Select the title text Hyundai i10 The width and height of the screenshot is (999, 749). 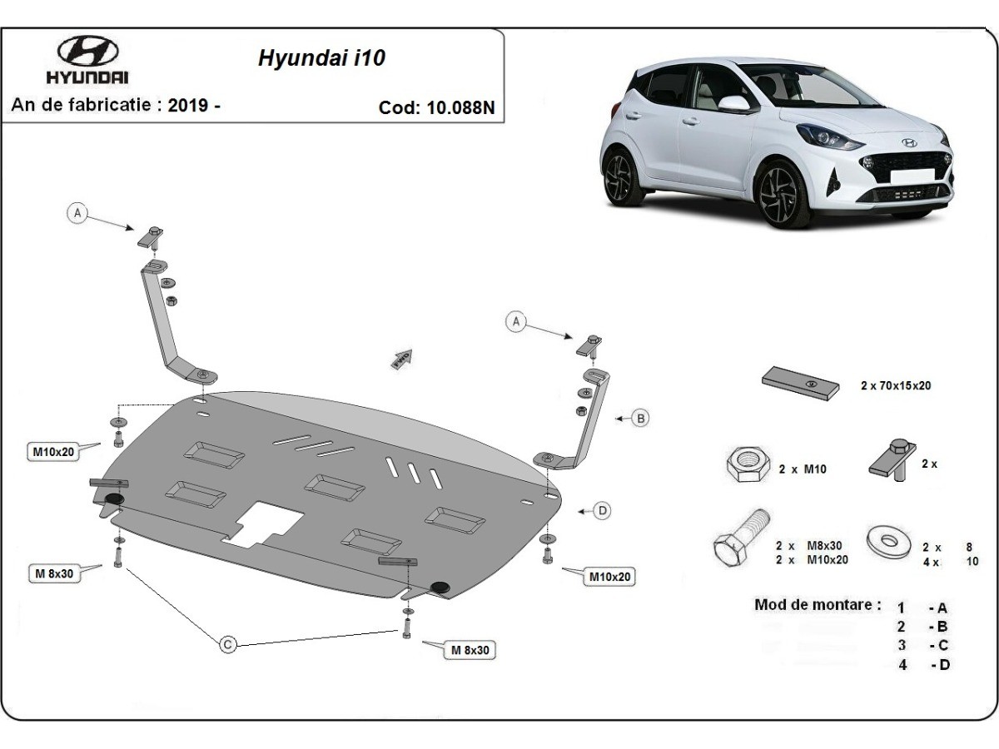[321, 59]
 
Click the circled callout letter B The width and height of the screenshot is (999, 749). [640, 418]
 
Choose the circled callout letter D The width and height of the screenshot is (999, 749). [602, 511]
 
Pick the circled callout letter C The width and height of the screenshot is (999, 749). [227, 643]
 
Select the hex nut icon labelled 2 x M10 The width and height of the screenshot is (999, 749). [747, 465]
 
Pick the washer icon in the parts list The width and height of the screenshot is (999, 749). [887, 541]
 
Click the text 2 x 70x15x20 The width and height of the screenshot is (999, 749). [896, 386]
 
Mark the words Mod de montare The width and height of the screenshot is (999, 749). [817, 605]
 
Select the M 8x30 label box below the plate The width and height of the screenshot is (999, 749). [470, 650]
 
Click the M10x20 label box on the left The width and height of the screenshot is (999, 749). [54, 452]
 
